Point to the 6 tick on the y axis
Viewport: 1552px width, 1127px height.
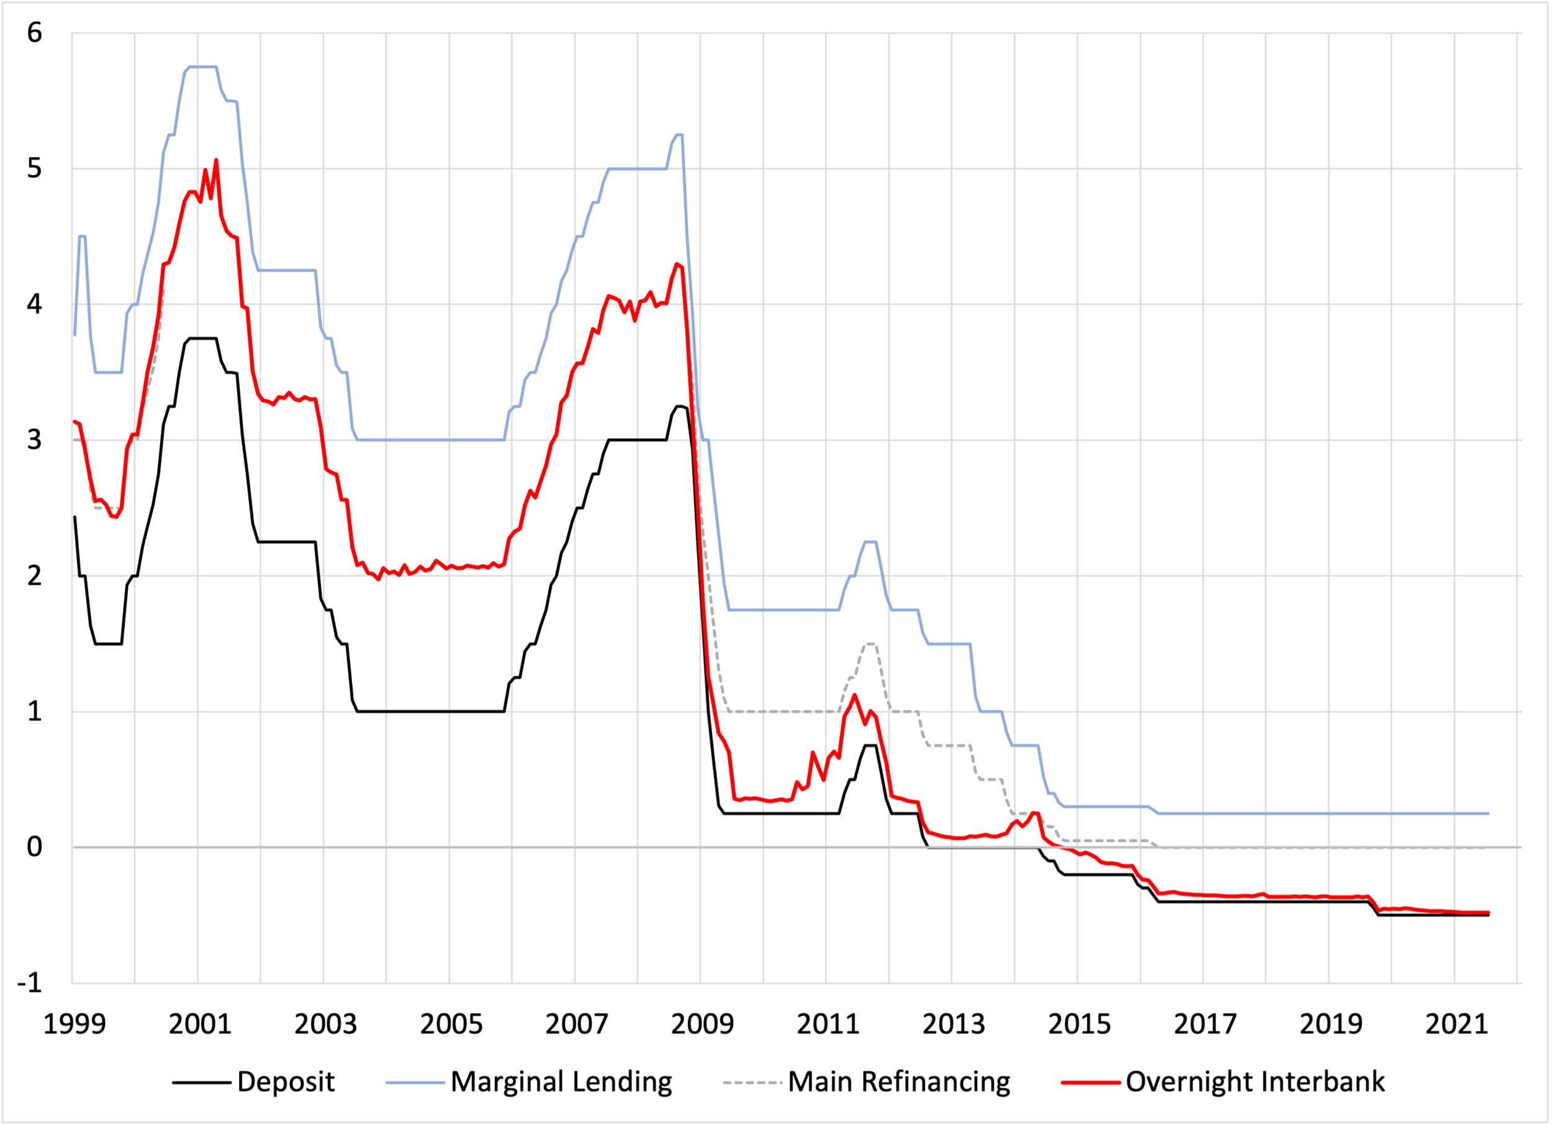click(34, 32)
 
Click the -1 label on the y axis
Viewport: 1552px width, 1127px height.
click(30, 983)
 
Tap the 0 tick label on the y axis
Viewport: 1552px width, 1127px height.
click(34, 847)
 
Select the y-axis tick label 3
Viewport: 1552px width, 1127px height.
click(34, 440)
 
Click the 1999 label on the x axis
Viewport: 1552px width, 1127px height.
click(74, 1025)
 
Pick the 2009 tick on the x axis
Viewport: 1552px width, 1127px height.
click(702, 1025)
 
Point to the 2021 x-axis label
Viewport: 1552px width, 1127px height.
click(1456, 1025)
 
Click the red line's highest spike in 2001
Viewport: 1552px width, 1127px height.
click(216, 160)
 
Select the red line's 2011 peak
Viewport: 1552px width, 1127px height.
click(855, 695)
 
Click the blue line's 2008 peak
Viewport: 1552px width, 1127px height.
click(679, 135)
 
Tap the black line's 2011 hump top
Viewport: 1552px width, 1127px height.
click(870, 745)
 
